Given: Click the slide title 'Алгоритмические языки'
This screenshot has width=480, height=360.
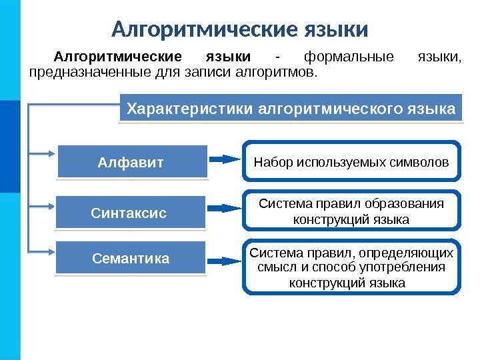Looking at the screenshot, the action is (239, 29).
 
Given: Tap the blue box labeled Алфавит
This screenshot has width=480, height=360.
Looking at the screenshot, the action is (132, 162).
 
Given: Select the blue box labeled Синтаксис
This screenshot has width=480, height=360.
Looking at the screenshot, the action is (129, 213).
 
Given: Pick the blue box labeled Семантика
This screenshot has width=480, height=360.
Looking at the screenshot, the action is (131, 258).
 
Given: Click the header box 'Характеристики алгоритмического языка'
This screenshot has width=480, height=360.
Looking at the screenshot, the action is (291, 108).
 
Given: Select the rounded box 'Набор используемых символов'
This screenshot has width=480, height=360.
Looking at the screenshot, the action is (351, 161).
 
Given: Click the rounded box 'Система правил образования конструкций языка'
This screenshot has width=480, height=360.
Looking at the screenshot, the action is (351, 211).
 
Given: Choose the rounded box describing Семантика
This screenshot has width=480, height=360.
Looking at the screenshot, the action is (351, 267).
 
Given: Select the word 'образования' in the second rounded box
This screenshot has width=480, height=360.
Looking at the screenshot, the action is (407, 203).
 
